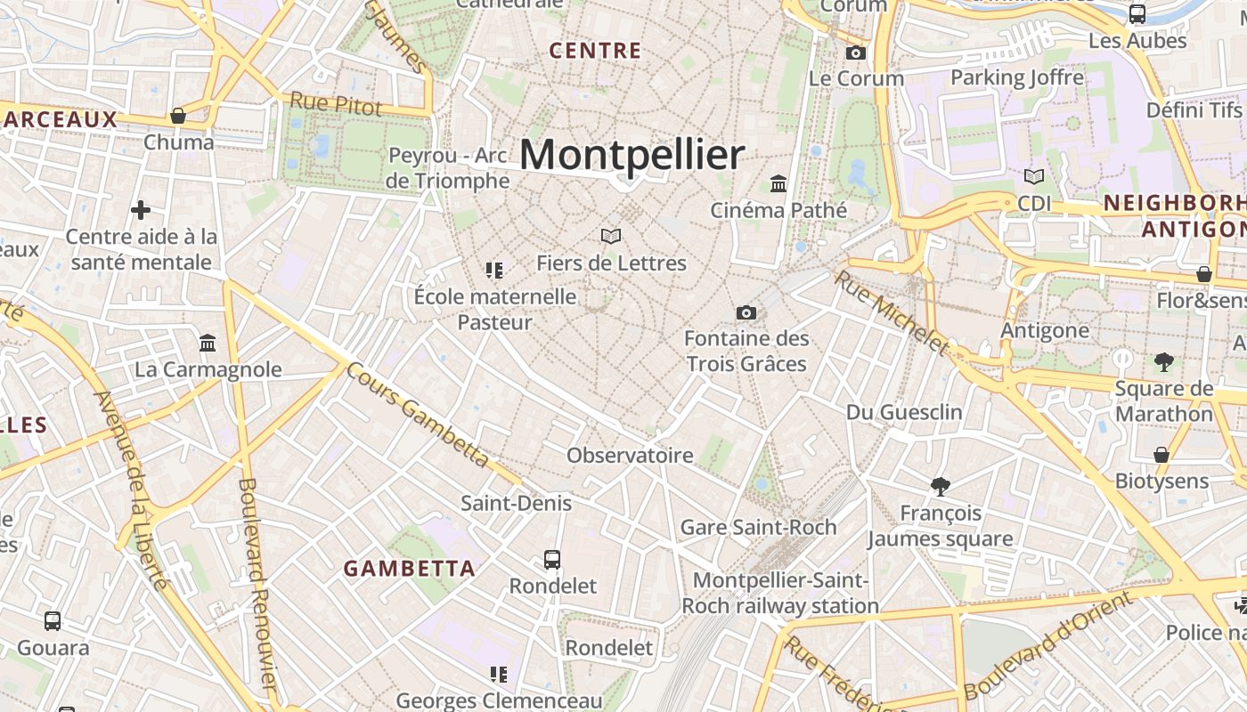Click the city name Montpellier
[x=631, y=155]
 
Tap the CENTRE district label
[x=595, y=51]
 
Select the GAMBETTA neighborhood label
[x=410, y=568]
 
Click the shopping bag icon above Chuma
[x=178, y=116]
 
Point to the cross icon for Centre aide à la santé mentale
[x=140, y=210]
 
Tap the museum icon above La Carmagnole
[x=208, y=343]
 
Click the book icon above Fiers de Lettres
[x=610, y=236]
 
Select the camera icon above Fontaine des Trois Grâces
[x=746, y=312]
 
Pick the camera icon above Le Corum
[x=855, y=53]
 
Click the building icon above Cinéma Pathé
[x=778, y=183]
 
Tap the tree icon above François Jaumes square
[x=940, y=486]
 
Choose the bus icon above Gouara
[x=53, y=620]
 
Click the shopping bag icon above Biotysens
[x=1161, y=455]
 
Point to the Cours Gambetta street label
[x=418, y=415]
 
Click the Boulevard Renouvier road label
[x=256, y=583]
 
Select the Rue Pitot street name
[x=336, y=104]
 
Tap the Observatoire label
[x=630, y=456]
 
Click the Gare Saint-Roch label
[x=758, y=527]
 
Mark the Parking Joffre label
[x=1017, y=77]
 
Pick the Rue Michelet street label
[x=892, y=311]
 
